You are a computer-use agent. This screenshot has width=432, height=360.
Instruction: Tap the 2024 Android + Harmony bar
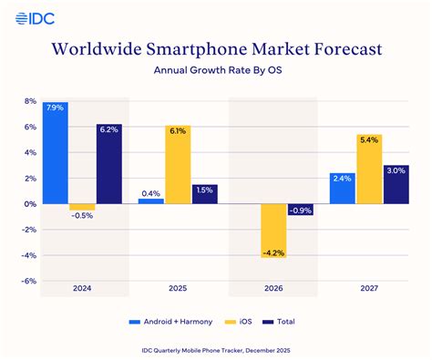click(x=55, y=152)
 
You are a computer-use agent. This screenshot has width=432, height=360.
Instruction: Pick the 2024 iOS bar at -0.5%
click(x=82, y=207)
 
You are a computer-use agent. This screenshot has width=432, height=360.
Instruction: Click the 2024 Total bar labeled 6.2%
click(x=108, y=163)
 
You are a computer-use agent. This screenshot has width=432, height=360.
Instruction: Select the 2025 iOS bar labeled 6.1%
click(x=178, y=164)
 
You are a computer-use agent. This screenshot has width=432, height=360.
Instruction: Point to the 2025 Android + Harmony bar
click(x=151, y=201)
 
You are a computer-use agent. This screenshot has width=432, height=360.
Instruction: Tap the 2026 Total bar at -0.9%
click(x=301, y=210)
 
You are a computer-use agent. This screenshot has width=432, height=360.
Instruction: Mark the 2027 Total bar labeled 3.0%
click(x=396, y=184)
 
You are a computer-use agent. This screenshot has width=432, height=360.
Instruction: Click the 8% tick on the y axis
click(x=29, y=101)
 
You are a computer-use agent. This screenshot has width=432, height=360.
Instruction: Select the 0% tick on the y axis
click(x=29, y=204)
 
